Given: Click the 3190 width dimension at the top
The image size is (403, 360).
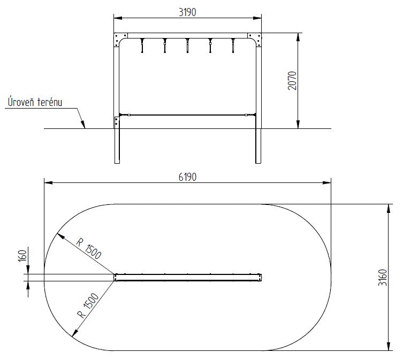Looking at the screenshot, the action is (x=187, y=12).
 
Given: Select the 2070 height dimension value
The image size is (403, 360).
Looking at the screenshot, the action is (x=292, y=81).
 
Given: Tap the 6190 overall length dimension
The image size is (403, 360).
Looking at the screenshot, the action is (x=187, y=177).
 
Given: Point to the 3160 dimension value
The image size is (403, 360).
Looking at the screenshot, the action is (x=383, y=278).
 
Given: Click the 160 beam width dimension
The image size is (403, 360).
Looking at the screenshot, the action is (x=22, y=256).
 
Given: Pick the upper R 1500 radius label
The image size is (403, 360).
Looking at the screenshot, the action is (x=89, y=249).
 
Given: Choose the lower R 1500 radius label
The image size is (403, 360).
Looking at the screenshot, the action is (x=88, y=305).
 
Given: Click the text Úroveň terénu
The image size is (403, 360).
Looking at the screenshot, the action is (x=35, y=102).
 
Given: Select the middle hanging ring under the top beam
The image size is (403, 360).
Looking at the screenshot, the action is (x=187, y=46).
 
